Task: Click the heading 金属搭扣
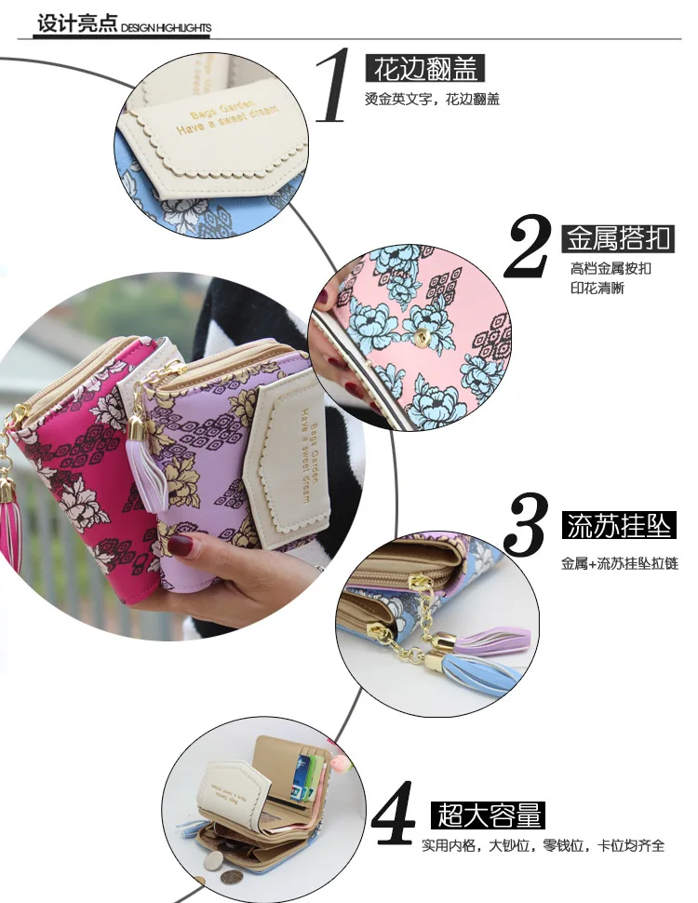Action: [x=618, y=238]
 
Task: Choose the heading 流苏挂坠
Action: [x=618, y=526]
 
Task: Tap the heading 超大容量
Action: [x=487, y=815]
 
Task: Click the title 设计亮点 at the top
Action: [x=76, y=23]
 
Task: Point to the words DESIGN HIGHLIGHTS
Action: [x=167, y=29]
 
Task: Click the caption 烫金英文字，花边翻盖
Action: [x=432, y=100]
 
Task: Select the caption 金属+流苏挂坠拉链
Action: [x=619, y=563]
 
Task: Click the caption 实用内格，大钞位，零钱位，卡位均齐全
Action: [x=544, y=846]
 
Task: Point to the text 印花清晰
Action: [x=597, y=288]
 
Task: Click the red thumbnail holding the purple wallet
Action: [x=180, y=546]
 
